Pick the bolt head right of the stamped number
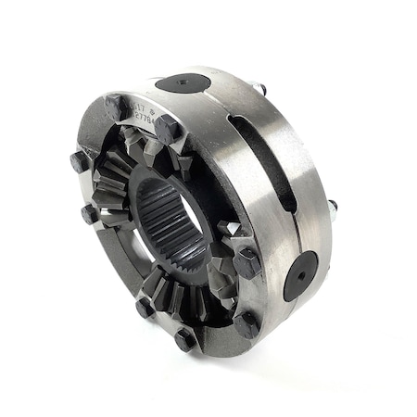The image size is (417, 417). (167, 129)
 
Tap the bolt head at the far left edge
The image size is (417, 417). (78, 162)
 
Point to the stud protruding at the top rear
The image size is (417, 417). (262, 89)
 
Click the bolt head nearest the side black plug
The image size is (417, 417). (246, 264)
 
